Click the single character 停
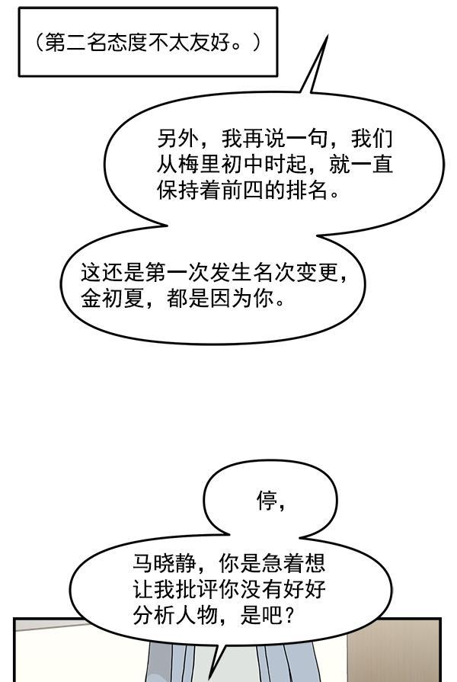[266, 501]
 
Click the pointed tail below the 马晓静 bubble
[216, 663]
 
